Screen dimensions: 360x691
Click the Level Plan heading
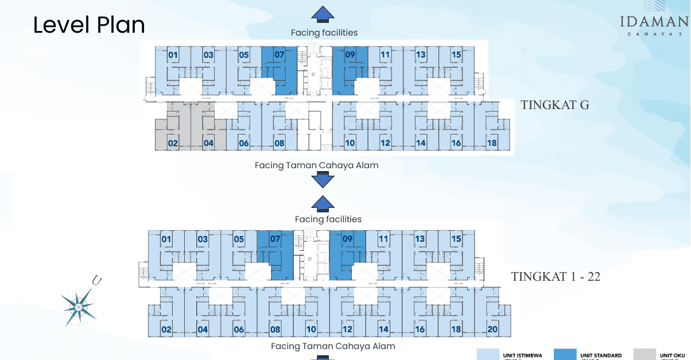click(x=89, y=25)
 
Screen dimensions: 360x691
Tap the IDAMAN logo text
click(x=654, y=22)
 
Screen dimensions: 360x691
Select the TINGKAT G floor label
click(x=555, y=105)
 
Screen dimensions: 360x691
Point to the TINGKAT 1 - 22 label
click(x=556, y=276)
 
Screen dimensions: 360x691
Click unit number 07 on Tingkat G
click(x=279, y=55)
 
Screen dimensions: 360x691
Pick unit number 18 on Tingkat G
click(x=492, y=143)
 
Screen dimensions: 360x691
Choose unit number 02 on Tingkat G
click(x=173, y=143)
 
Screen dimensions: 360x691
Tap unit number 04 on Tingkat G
click(x=208, y=143)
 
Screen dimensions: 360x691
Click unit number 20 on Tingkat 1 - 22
click(x=492, y=329)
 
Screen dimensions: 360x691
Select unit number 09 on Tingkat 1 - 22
click(x=347, y=238)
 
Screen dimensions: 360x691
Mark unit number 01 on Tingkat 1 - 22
click(x=166, y=238)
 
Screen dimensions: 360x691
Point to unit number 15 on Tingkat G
click(x=456, y=55)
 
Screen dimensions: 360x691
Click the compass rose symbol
click(x=79, y=303)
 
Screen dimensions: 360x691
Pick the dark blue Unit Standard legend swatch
click(x=573, y=354)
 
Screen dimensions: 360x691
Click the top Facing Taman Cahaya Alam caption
click(x=317, y=165)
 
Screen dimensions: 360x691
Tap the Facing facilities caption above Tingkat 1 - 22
click(x=328, y=219)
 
